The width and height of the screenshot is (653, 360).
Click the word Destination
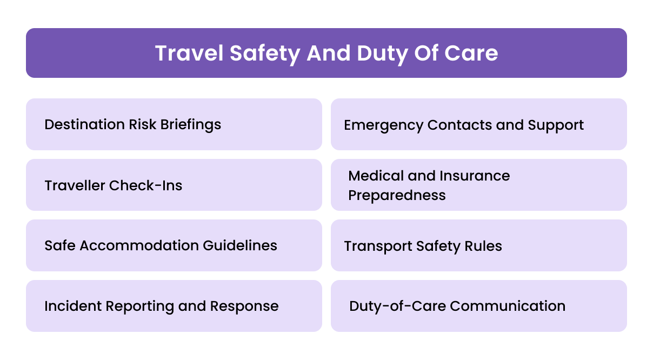coord(84,124)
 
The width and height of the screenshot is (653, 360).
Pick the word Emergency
coord(383,125)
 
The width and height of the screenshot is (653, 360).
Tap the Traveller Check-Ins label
coord(114,185)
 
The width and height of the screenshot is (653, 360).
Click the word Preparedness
coord(397,195)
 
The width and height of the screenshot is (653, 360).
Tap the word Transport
coord(378,246)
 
